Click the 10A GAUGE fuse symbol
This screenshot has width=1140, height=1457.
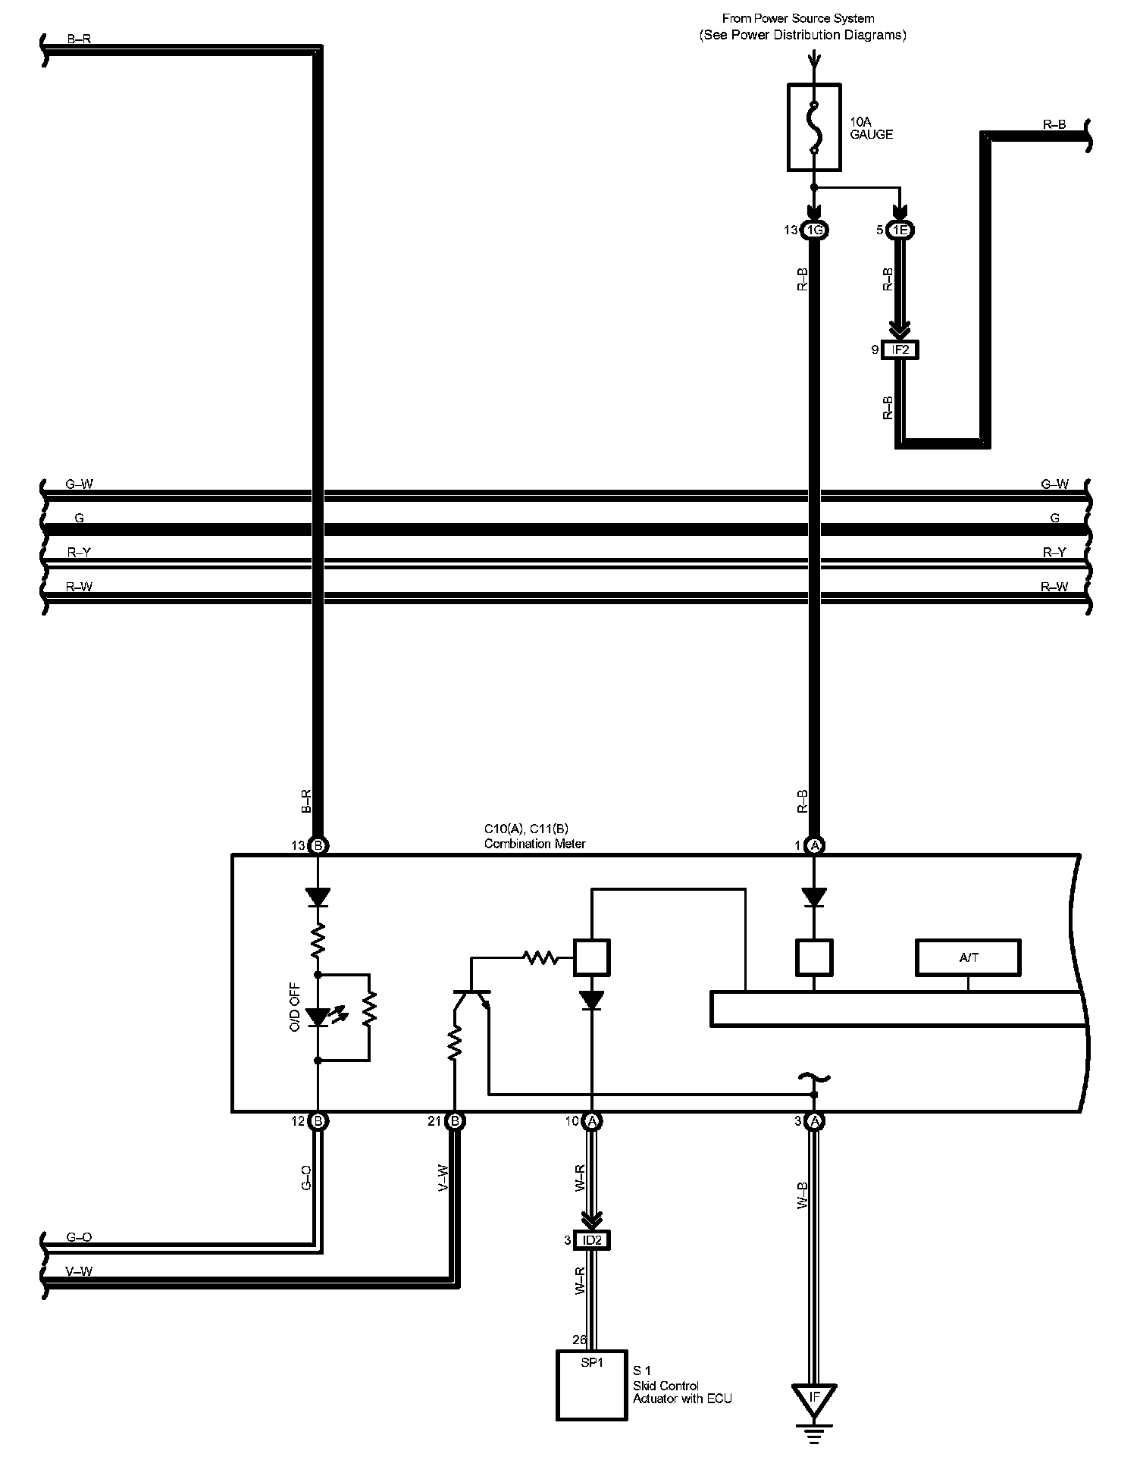(814, 127)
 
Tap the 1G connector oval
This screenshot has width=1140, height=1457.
(814, 230)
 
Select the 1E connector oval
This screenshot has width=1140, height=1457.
(900, 230)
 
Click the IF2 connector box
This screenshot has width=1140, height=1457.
(900, 350)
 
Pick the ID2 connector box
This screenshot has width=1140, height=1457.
(591, 1240)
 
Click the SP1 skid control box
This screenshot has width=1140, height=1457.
(592, 1384)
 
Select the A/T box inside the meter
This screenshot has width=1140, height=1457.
(968, 957)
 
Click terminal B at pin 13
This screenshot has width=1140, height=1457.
(318, 845)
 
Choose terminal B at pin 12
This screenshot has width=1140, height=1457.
(318, 1120)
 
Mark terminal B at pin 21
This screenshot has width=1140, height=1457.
(454, 1120)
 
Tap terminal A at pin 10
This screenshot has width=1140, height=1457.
(591, 1120)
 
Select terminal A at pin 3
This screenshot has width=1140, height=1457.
(814, 1120)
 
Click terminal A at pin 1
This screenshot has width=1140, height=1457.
(814, 845)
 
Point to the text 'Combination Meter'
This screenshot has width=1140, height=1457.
(534, 844)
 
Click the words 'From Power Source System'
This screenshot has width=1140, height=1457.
(798, 18)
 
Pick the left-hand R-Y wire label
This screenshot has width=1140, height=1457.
(79, 553)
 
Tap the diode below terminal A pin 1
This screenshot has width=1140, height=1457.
(814, 898)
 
